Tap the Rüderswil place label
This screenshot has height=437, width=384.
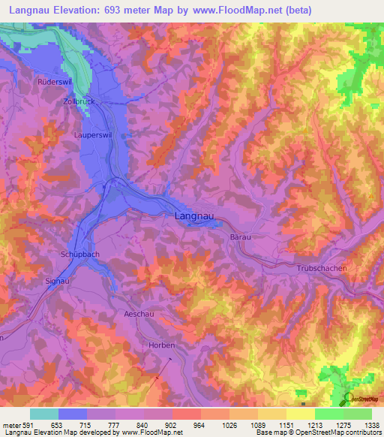tap(54, 80)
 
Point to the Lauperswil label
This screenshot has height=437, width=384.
tap(94, 135)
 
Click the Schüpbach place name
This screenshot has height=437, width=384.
tap(79, 255)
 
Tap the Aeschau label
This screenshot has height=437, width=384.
tap(139, 313)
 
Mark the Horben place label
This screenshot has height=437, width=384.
tap(162, 345)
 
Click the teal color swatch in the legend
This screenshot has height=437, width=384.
tap(44, 414)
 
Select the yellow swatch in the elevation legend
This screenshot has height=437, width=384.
tap(300, 414)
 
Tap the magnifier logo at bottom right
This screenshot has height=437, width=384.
tap(349, 399)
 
